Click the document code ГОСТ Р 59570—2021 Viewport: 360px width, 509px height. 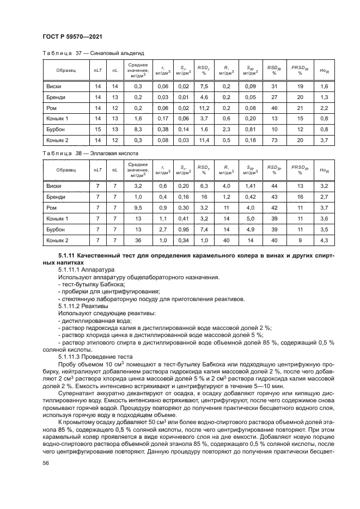[x=72, y=36]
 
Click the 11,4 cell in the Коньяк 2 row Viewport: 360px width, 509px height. [x=204, y=140]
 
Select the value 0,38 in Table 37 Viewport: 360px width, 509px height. [x=162, y=129]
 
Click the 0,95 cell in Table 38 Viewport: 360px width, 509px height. [x=184, y=230]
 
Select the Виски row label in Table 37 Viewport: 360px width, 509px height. [x=54, y=87]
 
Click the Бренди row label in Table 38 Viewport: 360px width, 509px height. [x=56, y=197]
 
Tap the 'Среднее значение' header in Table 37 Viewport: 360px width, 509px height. [x=138, y=70]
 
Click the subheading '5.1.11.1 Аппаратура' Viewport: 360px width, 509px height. [x=86, y=269]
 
